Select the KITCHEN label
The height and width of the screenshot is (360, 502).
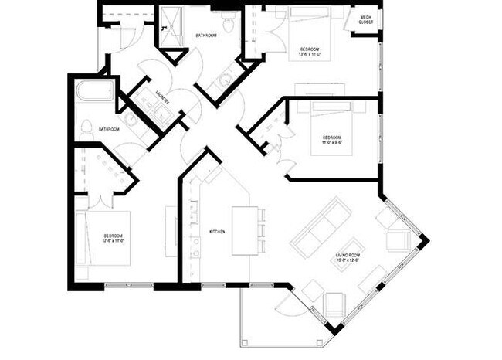pos(218,232)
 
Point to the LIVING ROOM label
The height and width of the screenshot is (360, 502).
pos(348,257)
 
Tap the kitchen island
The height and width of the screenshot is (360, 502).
pos(244,230)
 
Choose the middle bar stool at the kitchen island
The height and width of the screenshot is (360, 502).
pos(263,230)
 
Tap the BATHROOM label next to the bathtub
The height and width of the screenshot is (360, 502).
pos(108,129)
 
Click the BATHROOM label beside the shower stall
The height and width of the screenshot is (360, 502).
pos(205,36)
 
